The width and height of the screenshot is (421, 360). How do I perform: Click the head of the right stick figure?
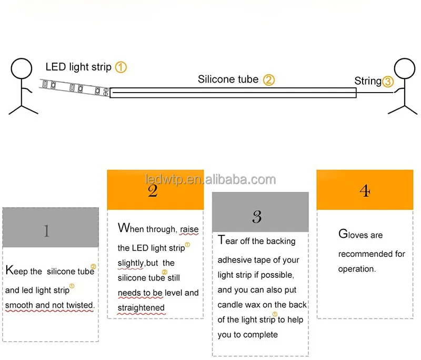405,69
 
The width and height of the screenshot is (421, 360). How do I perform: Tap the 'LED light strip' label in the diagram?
78,67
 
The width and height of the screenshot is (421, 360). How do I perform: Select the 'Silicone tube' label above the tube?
228,79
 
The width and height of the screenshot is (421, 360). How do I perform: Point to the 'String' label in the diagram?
367,81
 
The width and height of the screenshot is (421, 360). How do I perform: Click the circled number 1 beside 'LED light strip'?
121,67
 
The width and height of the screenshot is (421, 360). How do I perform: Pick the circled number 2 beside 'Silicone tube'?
269,80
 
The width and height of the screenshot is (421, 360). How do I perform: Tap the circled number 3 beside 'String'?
387,82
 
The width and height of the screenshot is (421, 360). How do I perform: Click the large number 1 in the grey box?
47,231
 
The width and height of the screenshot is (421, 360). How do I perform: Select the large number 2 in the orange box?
153,190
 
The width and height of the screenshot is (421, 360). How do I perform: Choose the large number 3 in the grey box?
257,216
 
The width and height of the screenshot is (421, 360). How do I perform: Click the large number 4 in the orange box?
364,191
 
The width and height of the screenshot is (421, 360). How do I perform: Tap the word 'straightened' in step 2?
141,308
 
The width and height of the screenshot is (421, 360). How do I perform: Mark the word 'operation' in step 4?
356,269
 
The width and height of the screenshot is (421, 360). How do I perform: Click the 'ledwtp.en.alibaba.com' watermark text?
210,179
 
